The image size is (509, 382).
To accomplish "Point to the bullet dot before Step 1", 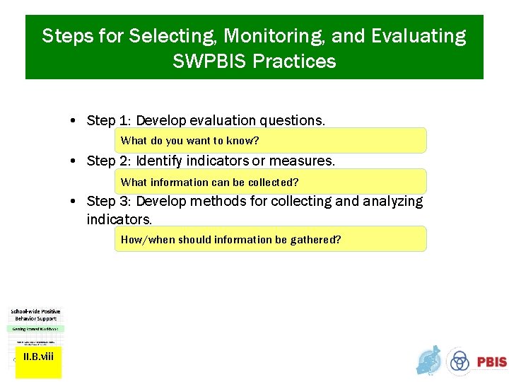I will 74,121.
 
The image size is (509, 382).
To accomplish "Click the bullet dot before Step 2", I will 74,161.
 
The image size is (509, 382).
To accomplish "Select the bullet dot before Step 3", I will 74,202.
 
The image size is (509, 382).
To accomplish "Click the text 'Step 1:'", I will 108,120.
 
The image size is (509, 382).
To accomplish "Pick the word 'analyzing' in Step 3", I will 392,202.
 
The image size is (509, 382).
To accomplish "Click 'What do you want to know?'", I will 189,141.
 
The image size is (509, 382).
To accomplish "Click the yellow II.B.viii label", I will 38,357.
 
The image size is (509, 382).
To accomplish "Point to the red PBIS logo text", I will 491,361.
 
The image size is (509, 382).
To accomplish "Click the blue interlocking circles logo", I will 460,361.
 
